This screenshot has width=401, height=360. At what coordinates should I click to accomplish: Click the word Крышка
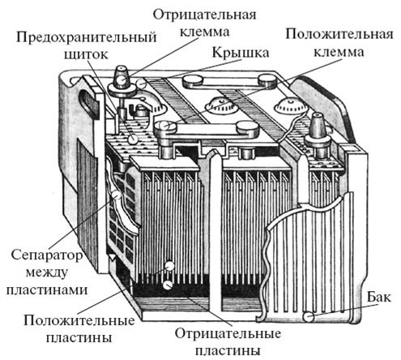pos(240,52)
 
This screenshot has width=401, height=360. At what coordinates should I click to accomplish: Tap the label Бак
pos(378,298)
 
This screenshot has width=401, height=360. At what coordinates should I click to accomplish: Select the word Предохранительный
pos(87,37)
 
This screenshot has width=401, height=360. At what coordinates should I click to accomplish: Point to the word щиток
pos(86,54)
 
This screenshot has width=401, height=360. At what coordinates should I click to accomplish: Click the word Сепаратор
pos(47,255)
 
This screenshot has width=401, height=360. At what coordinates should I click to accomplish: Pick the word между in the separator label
pos(46,272)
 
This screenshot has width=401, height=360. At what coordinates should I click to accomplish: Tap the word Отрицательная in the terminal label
pos(204,15)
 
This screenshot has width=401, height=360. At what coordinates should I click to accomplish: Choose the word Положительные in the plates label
pos(79,321)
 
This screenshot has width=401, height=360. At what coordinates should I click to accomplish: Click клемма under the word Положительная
pos(339,52)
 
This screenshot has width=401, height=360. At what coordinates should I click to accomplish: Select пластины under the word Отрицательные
pos(228,351)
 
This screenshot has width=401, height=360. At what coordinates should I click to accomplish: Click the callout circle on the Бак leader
pos(308,317)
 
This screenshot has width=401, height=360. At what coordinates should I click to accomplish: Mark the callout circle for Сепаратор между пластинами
pos(117,195)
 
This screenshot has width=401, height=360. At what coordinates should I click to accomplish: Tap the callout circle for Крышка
pos(141,84)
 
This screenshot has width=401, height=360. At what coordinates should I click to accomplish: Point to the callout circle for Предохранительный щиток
pos(133,139)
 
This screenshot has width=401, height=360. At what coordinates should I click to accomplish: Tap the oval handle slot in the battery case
pos(87,104)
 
